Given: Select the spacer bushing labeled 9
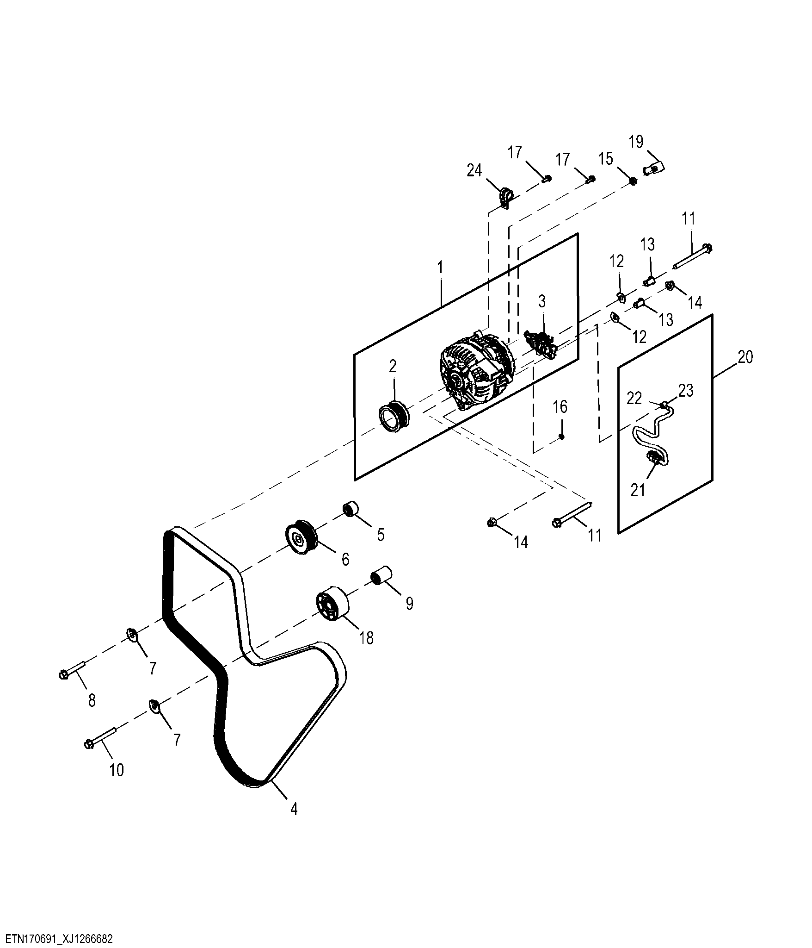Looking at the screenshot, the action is click(x=382, y=575).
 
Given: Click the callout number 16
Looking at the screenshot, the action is click(x=560, y=407).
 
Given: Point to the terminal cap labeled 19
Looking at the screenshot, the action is click(x=654, y=168).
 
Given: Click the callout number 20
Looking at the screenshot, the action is click(x=745, y=357).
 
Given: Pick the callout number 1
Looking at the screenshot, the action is click(x=440, y=268).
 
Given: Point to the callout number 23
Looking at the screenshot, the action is click(x=686, y=391).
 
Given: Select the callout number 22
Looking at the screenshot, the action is click(x=634, y=398).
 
